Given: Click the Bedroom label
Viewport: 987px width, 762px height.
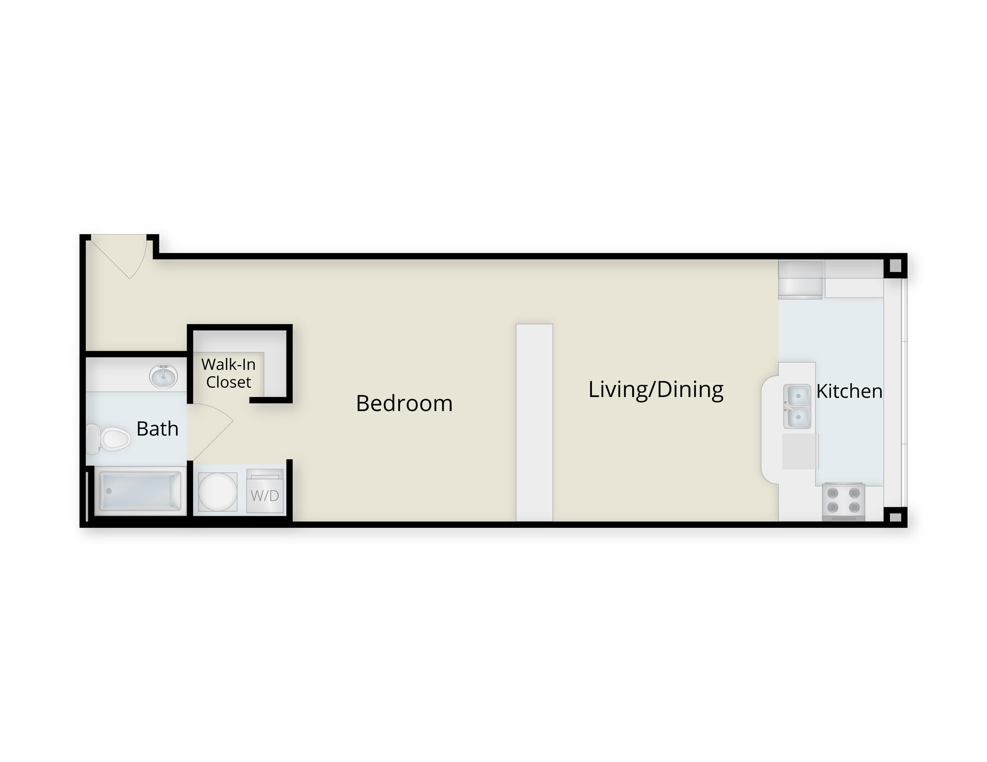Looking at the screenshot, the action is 404,403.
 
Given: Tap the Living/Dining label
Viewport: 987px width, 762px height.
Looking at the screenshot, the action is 656,390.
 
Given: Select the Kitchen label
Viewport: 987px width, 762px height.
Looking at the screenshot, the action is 849,391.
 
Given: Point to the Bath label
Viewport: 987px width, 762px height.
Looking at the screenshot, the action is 157,429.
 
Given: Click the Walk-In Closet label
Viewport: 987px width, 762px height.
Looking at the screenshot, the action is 228,373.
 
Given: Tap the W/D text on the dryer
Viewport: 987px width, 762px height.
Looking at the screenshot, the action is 265,496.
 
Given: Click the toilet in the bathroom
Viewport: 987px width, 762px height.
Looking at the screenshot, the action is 108,439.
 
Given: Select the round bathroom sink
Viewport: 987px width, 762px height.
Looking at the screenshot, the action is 163,376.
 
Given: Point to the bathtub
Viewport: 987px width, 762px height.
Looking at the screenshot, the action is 141,491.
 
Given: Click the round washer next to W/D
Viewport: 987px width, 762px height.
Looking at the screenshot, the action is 218,492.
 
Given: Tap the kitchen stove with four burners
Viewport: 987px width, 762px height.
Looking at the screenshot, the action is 843,501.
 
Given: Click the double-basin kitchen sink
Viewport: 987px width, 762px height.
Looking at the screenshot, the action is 797,406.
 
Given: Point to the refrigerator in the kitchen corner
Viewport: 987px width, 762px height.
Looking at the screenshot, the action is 800,279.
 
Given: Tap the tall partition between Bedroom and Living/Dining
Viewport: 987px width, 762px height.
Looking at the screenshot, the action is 534,422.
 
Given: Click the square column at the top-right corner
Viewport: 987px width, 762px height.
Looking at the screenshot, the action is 895,266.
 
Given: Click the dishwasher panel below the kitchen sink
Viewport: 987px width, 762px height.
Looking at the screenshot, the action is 800,451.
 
